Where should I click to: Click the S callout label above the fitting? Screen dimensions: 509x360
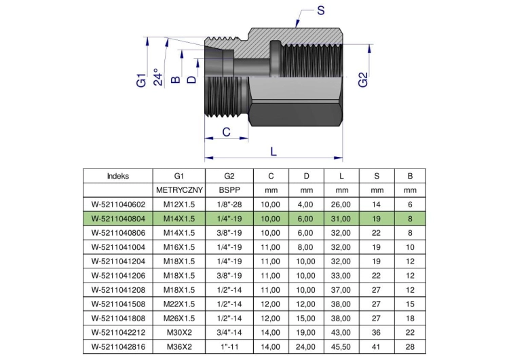pyautogui.click(x=321, y=10)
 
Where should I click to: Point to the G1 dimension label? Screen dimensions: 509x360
pyautogui.click(x=141, y=80)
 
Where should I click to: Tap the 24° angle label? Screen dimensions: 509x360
pyautogui.click(x=158, y=77)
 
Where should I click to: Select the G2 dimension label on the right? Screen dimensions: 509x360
pyautogui.click(x=363, y=80)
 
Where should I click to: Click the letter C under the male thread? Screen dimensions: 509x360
pyautogui.click(x=226, y=132)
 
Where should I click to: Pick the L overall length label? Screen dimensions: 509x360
pyautogui.click(x=274, y=151)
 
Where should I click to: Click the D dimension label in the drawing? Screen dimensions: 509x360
pyautogui.click(x=192, y=79)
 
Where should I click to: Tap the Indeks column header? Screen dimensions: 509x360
pyautogui.click(x=118, y=176)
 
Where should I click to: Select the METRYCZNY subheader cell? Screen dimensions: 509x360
pyautogui.click(x=179, y=190)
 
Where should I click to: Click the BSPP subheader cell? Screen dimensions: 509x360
pyautogui.click(x=229, y=190)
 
